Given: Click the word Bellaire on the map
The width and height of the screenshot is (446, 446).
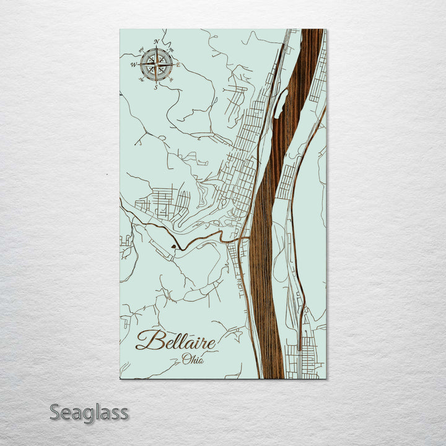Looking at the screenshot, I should tap(176, 341).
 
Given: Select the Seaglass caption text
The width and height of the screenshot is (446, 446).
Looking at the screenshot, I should tap(89, 412).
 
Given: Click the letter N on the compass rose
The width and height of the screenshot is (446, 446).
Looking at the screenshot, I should tap(157, 43).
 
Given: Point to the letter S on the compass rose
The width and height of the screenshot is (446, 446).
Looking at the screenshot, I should tap(155, 86).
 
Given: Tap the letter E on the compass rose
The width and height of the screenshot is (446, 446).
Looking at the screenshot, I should tap(178, 64).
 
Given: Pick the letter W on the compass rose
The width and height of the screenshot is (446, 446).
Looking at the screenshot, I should tap(133, 64).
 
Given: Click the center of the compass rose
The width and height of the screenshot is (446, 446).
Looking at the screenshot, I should tap(156, 64).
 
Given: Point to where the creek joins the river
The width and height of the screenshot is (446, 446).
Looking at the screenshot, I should tap(248, 237).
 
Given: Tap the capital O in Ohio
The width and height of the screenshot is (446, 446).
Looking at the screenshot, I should tap(186, 359).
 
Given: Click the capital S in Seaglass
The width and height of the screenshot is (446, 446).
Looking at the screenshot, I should tap(56, 412).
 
